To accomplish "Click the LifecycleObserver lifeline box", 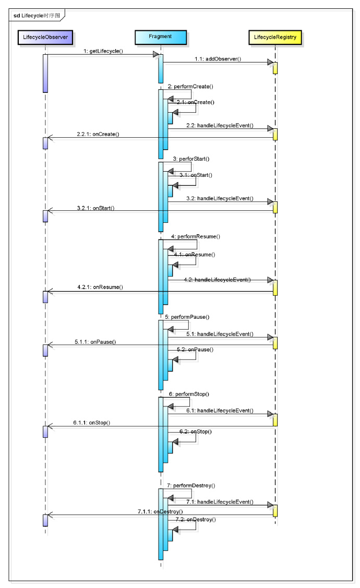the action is tap(45, 38).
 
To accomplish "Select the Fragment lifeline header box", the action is tap(161, 37).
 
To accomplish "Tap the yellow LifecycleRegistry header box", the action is tap(275, 38).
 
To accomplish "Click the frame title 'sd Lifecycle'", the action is tap(37, 15).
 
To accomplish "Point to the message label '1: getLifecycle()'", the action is tap(103, 51).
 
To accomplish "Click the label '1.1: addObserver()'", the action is tap(218, 59).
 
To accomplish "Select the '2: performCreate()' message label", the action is tap(190, 86).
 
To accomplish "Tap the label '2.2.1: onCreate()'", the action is tap(98, 134).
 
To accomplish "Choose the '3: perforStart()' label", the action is tap(191, 159).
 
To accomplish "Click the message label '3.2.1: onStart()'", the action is tap(95, 208).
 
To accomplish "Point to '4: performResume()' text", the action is tap(196, 236).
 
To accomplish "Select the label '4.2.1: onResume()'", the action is tap(100, 287).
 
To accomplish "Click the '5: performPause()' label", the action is tap(187, 317).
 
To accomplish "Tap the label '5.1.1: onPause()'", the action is tap(95, 342).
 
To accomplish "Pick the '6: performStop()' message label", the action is tap(189, 394).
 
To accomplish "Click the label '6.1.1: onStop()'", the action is tap(91, 423).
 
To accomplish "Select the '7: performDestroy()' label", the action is tap(191, 485).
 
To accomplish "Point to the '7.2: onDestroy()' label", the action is tap(196, 519).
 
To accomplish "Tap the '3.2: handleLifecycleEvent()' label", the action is tap(220, 198).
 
